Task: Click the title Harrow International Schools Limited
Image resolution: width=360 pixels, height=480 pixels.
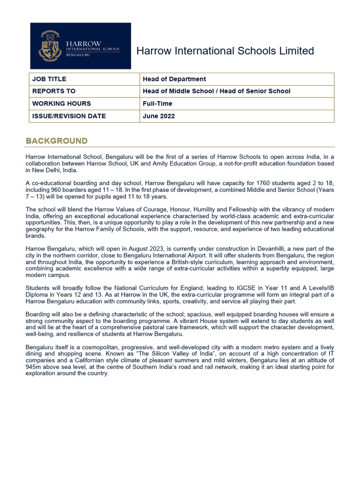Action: pyautogui.click(x=225, y=51)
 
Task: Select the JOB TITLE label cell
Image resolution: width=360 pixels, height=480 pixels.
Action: pyautogui.click(x=49, y=79)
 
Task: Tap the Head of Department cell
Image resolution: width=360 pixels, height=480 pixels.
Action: pyautogui.click(x=174, y=79)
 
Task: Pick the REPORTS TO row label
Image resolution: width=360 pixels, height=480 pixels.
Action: pyautogui.click(x=54, y=91)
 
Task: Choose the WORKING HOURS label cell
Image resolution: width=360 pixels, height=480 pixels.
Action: pyautogui.click(x=61, y=104)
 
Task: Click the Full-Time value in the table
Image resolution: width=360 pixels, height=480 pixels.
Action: pyautogui.click(x=157, y=104)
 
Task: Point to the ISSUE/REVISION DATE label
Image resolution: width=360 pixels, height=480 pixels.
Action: pyautogui.click(x=69, y=116)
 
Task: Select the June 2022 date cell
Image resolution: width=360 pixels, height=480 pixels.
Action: pyautogui.click(x=159, y=116)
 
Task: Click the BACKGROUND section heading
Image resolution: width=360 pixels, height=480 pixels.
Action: pyautogui.click(x=57, y=141)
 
